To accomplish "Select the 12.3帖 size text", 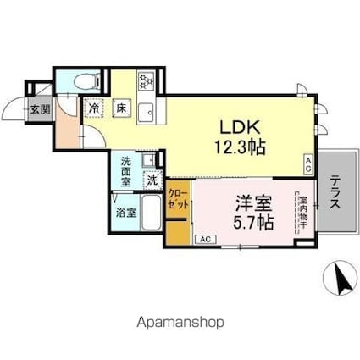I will click(240, 147).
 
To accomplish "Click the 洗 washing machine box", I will click(152, 179).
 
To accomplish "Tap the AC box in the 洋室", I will click(204, 240).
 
